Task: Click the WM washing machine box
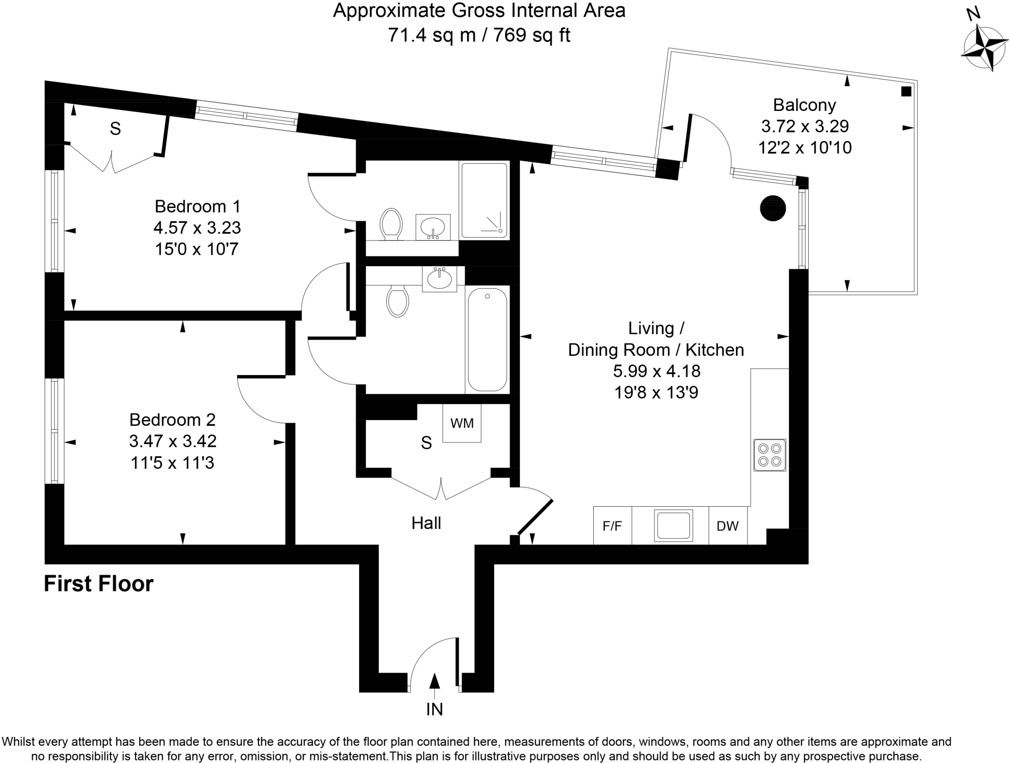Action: (x=462, y=423)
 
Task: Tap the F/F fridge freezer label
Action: (x=612, y=526)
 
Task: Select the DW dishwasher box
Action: (x=727, y=526)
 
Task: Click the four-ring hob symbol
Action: (x=769, y=455)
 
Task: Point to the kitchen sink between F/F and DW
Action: (x=673, y=525)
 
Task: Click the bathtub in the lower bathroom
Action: (x=487, y=340)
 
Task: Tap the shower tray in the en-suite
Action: (x=484, y=200)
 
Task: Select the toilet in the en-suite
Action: (x=391, y=224)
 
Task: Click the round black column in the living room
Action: (x=772, y=208)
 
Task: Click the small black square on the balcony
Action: (x=906, y=91)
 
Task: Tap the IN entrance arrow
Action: (x=434, y=681)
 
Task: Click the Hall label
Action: (x=426, y=523)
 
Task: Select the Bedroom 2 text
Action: (x=172, y=419)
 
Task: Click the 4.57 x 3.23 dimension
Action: (x=197, y=228)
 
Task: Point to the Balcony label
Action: (x=804, y=105)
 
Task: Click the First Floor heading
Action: (x=99, y=584)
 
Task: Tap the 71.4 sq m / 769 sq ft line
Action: (x=479, y=35)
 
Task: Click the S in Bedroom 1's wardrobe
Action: (x=115, y=129)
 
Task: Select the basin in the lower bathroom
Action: (x=439, y=279)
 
